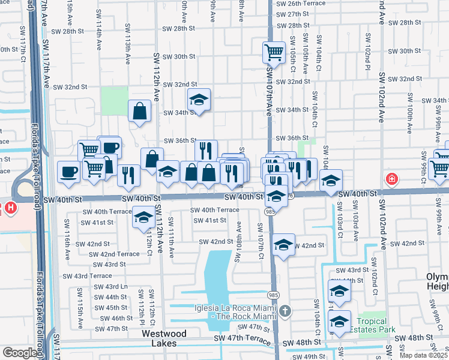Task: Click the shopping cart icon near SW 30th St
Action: click(274, 52)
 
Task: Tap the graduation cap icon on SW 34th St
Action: click(199, 100)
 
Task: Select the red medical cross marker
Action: click(391, 179)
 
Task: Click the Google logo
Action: click(20, 353)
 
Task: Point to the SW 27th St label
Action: click(293, 14)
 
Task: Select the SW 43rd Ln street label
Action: click(111, 287)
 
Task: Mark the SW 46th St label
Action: click(113, 319)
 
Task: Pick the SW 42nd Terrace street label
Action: click(114, 254)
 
